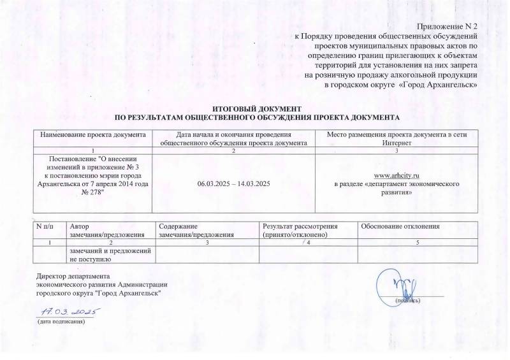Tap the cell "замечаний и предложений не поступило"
[x=110, y=255]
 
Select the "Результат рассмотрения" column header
[x=300, y=227]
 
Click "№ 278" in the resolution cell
[x=93, y=192]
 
